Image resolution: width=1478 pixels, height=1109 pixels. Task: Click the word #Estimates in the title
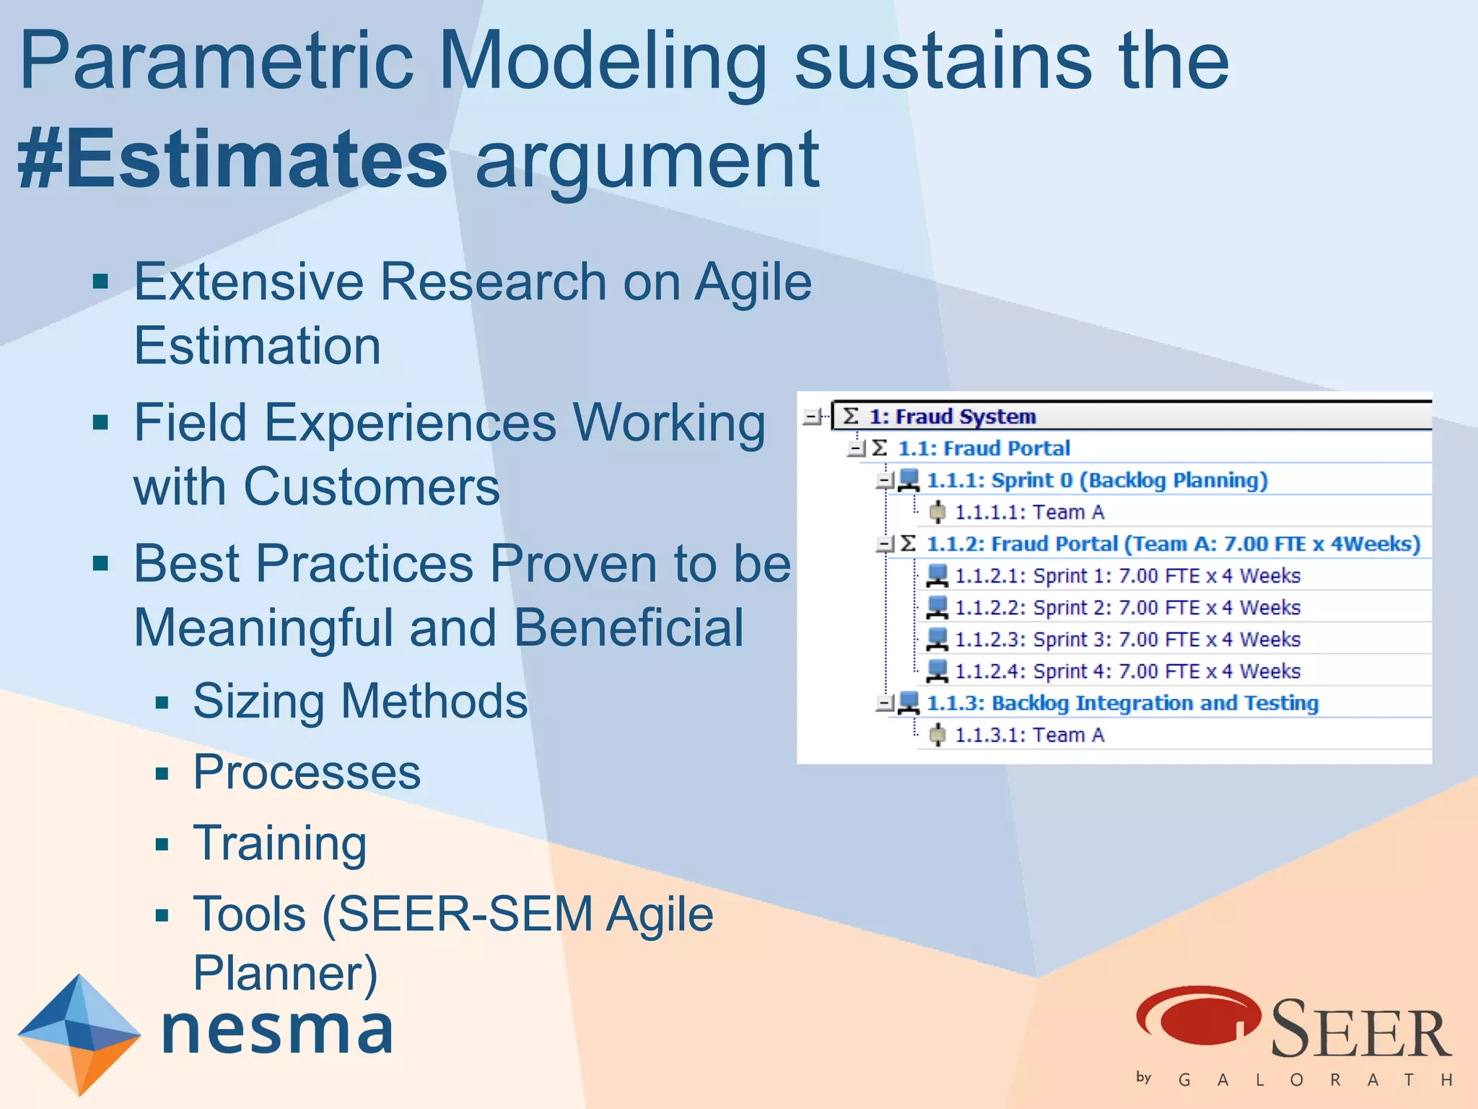[x=232, y=159]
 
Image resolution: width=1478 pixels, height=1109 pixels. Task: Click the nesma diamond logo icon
[x=79, y=1033]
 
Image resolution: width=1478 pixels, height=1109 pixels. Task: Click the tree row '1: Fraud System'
[x=952, y=417]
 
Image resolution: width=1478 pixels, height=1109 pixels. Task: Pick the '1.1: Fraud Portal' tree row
[x=983, y=448]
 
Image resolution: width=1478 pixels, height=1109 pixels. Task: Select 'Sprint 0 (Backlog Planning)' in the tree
[x=1096, y=480]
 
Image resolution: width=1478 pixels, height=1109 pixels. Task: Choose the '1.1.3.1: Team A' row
[x=1029, y=735]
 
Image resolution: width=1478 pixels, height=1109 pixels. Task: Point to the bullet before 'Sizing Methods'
[x=162, y=703]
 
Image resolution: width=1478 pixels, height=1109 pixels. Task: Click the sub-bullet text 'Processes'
[x=307, y=772]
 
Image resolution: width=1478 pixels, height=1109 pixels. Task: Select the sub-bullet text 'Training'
[x=280, y=843]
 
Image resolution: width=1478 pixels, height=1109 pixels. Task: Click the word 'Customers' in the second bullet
[x=371, y=487]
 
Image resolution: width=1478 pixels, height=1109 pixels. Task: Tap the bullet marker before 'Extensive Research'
[x=100, y=282]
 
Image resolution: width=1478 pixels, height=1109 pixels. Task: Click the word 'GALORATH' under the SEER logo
[x=1313, y=1080]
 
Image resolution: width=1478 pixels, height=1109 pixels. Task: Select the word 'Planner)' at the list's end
[x=285, y=973]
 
